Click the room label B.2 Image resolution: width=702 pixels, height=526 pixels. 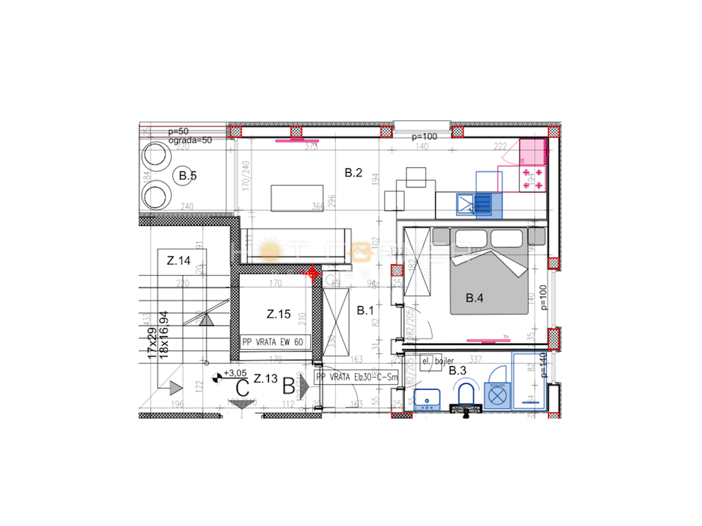[x=354, y=173]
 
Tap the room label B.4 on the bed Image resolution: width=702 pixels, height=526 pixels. [x=474, y=299]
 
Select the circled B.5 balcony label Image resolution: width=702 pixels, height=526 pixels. [x=187, y=175]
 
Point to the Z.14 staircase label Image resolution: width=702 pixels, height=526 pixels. [x=178, y=261]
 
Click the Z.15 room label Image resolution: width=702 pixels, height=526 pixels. [x=278, y=314]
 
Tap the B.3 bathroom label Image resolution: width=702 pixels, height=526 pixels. [x=457, y=370]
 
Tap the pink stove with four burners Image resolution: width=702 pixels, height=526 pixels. [x=533, y=178]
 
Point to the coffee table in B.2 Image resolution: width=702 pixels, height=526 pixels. [x=297, y=199]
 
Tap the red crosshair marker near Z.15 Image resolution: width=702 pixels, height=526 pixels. [x=312, y=272]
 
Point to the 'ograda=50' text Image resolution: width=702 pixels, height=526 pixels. [x=190, y=140]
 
